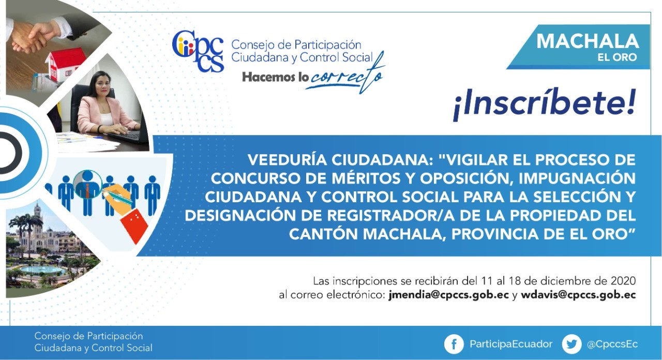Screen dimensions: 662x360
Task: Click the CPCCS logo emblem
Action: tap(198, 51)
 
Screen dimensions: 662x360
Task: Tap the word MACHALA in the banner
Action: tap(588, 41)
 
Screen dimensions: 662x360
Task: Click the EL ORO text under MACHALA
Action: tap(617, 57)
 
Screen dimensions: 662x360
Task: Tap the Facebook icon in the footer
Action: tap(454, 344)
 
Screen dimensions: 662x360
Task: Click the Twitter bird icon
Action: tap(571, 344)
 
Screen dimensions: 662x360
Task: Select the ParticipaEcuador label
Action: tap(511, 344)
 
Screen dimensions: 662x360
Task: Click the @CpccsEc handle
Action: tap(612, 344)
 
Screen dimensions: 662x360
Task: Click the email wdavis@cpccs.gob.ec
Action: tap(578, 295)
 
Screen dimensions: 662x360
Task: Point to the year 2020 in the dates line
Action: tap(623, 281)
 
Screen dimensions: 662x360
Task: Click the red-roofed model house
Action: tap(66, 64)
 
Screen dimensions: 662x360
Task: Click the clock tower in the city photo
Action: tap(38, 220)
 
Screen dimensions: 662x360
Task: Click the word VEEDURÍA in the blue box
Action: tap(287, 160)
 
